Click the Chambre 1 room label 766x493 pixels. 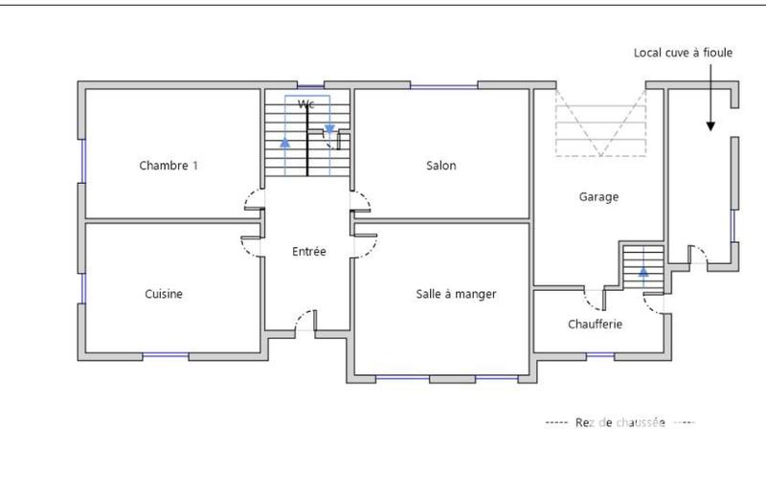(169, 165)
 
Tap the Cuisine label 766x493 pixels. (164, 294)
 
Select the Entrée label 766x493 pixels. (308, 252)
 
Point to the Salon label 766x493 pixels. (440, 165)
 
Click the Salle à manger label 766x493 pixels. (456, 294)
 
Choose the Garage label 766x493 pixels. (598, 197)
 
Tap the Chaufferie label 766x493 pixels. (595, 324)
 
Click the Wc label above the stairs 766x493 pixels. (306, 103)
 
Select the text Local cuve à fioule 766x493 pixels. (683, 53)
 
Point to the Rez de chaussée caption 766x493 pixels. (620, 422)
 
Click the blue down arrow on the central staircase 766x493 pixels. (329, 128)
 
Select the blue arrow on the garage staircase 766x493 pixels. (642, 272)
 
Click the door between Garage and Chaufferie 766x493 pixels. (595, 299)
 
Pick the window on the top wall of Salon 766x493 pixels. (442, 87)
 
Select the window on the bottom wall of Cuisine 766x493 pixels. (165, 356)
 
